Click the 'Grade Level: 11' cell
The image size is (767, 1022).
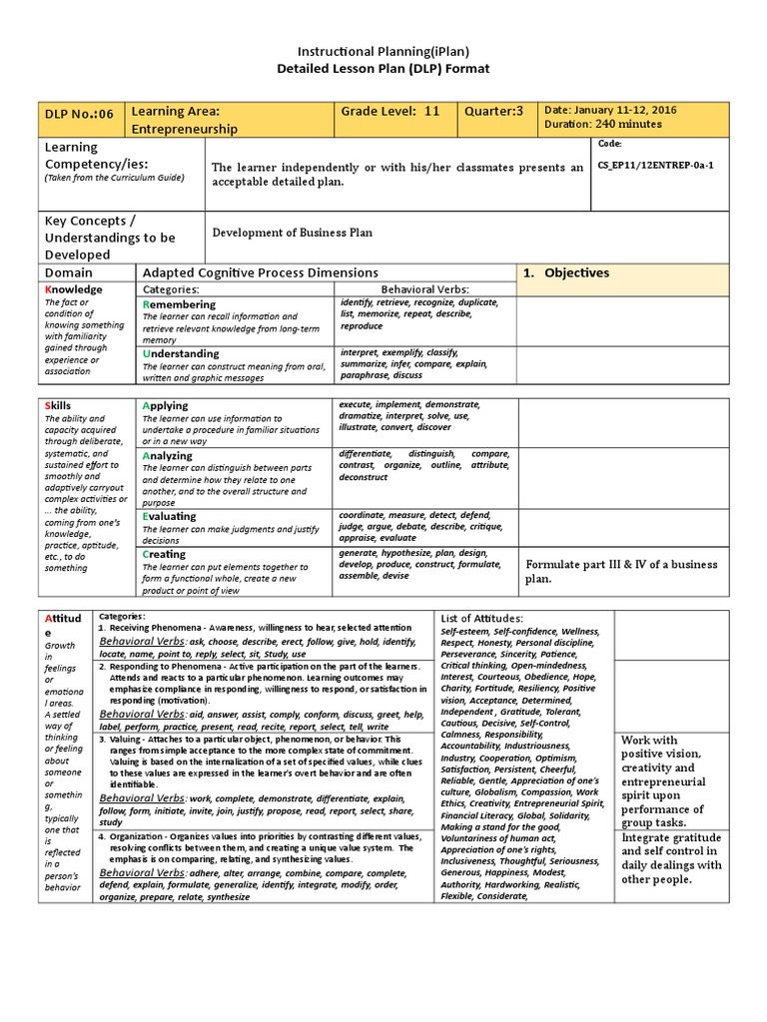pyautogui.click(x=390, y=111)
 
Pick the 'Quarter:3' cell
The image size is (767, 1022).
pyautogui.click(x=493, y=111)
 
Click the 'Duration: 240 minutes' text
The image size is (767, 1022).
pyautogui.click(x=602, y=124)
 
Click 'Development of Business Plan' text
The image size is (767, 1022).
pyautogui.click(x=293, y=233)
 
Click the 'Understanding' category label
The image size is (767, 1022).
pyautogui.click(x=181, y=353)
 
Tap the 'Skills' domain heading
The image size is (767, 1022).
pyautogui.click(x=59, y=406)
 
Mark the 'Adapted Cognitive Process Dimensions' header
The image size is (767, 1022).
pyautogui.click(x=261, y=272)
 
